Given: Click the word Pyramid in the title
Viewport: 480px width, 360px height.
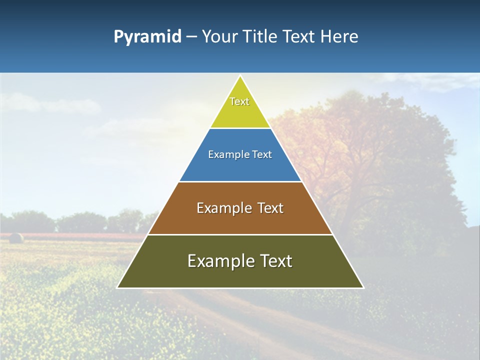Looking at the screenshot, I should [x=147, y=37].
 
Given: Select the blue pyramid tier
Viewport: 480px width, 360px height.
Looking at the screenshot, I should [x=240, y=167].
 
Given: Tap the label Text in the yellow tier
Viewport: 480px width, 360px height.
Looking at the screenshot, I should [x=239, y=101].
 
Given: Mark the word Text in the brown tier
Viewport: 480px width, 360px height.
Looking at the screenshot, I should [x=270, y=208].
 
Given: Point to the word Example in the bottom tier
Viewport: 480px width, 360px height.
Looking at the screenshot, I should [x=219, y=261].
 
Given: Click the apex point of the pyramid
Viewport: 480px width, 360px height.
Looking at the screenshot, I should [x=240, y=76].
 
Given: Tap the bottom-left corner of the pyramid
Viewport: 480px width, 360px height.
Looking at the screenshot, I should [x=118, y=287].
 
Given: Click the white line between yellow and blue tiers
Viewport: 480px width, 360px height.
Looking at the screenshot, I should [x=240, y=128].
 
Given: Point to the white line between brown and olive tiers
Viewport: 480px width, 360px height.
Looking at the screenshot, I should [x=240, y=234].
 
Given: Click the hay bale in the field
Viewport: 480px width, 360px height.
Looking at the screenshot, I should [x=16, y=238].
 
